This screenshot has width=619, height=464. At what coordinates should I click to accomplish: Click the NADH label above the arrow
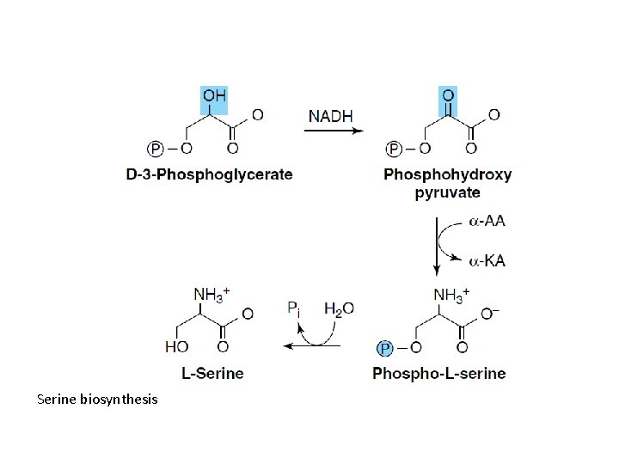point(330,115)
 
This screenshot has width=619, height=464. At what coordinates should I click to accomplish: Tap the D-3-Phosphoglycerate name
point(209,174)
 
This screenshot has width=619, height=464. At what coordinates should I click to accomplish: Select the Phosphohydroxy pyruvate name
point(447,183)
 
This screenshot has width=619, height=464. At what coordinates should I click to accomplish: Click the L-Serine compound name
point(212,373)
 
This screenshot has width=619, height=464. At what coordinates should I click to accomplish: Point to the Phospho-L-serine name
point(439,373)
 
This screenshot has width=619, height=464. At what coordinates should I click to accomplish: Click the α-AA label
point(487,221)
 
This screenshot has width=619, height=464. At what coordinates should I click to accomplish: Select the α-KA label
point(487,260)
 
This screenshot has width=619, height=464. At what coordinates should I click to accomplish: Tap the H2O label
point(339,308)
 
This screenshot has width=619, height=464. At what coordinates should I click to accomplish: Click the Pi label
point(294,308)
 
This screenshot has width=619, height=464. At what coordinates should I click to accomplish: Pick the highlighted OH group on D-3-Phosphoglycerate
point(214,95)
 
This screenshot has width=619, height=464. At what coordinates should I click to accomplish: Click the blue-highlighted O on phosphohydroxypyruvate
point(448,95)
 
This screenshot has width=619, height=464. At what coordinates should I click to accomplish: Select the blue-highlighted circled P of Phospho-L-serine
point(385,348)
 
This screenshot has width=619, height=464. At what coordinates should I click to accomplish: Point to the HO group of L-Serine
point(176,347)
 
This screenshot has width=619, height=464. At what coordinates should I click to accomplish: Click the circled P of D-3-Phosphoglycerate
point(156,149)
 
